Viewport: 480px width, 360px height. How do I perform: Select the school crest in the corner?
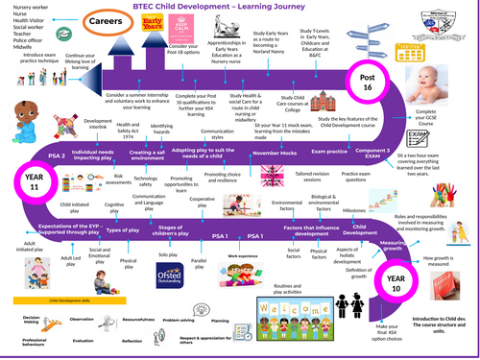click(x=455, y=19)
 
